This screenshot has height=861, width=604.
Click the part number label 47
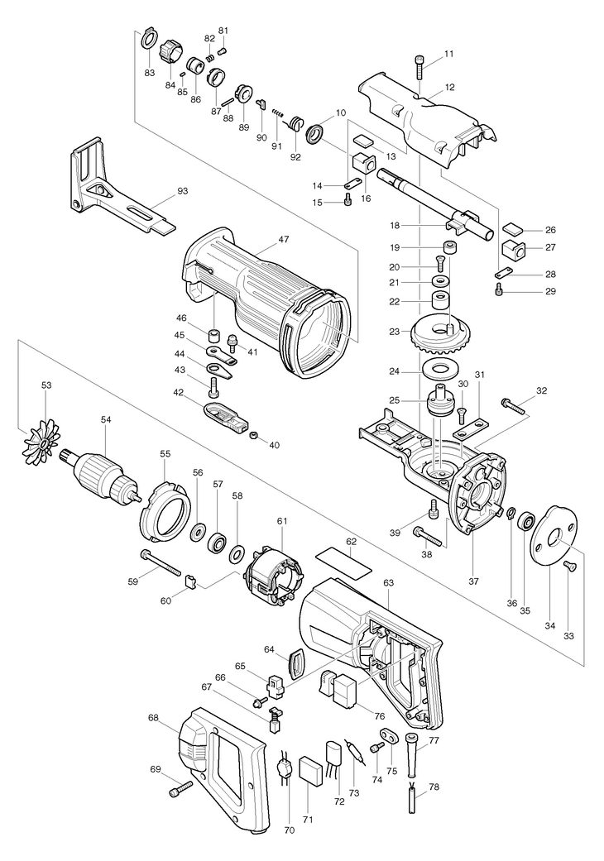pyautogui.click(x=283, y=239)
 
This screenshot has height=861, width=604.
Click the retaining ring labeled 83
pyautogui.click(x=148, y=39)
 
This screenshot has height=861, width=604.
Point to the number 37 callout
pyautogui.click(x=474, y=581)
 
